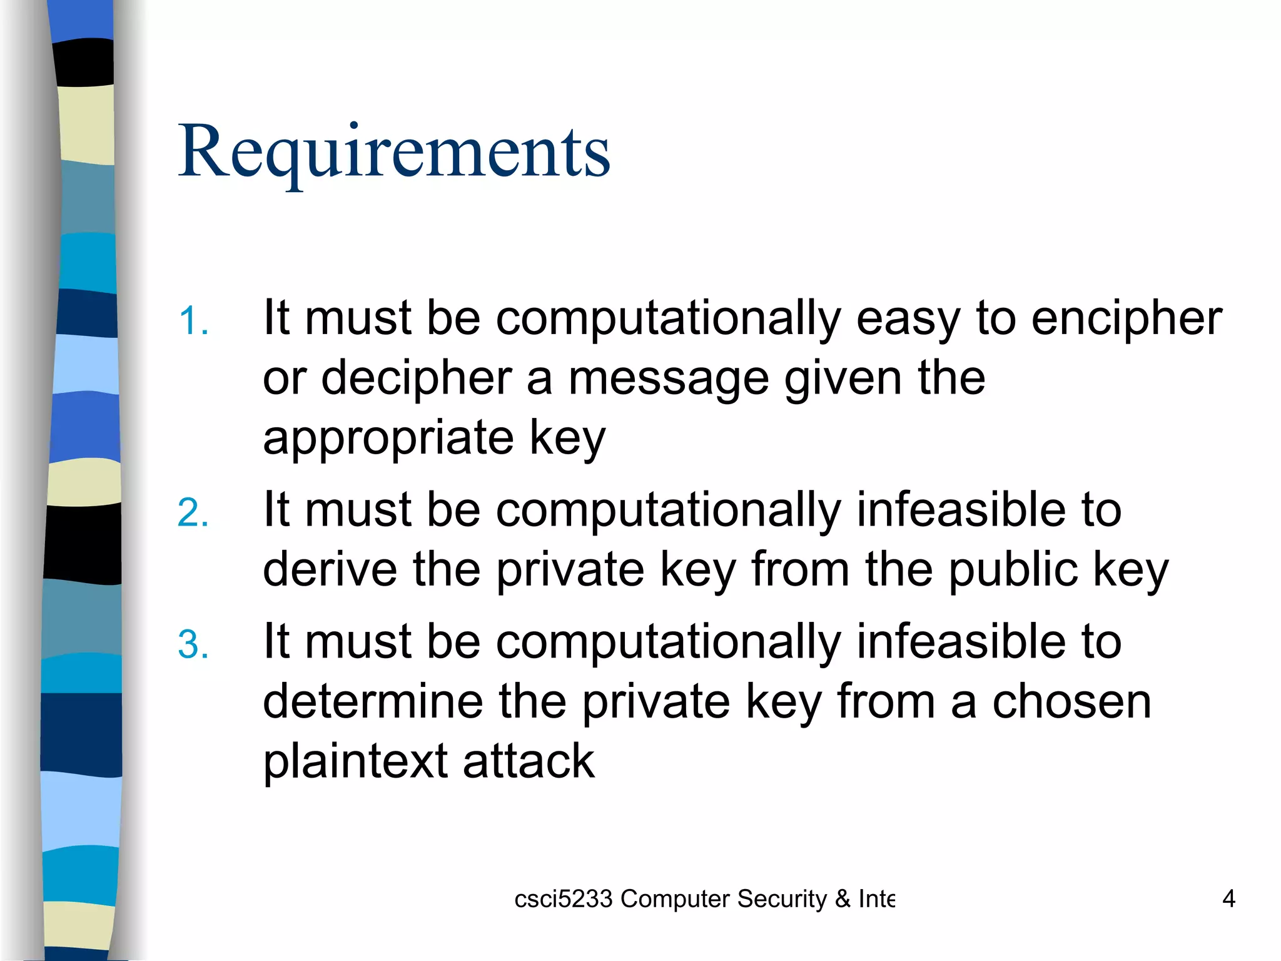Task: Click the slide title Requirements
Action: coord(394,152)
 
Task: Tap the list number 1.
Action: coord(193,322)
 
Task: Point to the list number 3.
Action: coord(193,644)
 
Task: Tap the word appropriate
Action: coord(388,438)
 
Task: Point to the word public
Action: coord(1013,569)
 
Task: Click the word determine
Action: coord(373,701)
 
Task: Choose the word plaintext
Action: coord(355,761)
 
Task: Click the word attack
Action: coord(529,761)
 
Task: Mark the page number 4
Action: coord(1228,899)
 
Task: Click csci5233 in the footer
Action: coord(563,899)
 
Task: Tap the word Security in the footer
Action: coord(781,899)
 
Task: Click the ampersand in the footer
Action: coord(843,899)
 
